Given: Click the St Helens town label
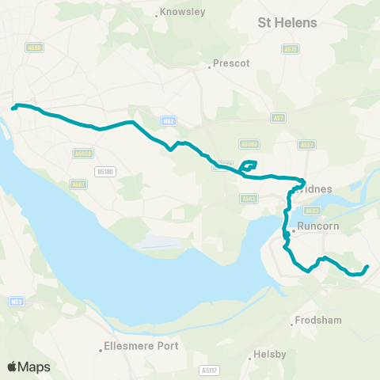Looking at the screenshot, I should coord(288,23).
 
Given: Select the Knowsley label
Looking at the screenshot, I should coord(182,12).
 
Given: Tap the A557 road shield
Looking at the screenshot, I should coord(306,144).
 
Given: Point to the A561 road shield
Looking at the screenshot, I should coord(77,184).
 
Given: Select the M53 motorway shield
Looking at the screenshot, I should coord(17,302).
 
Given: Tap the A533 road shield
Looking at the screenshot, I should coord(311,211).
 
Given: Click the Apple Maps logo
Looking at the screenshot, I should coord(29,367).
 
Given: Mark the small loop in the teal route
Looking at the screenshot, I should coord(249,165).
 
